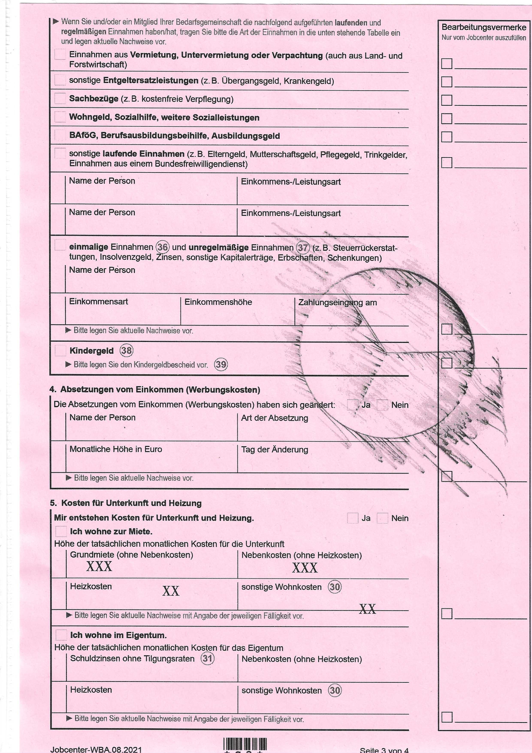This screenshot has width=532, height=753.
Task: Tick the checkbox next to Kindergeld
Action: (x=60, y=350)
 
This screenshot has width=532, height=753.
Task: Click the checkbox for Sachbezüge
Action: (x=60, y=98)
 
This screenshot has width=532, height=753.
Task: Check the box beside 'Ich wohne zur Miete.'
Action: (x=61, y=531)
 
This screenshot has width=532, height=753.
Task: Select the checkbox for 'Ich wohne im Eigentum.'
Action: (x=61, y=635)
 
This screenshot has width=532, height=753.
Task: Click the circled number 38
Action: (x=127, y=351)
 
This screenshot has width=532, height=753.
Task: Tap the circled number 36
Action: (x=163, y=247)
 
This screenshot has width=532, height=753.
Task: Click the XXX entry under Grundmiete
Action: (x=99, y=567)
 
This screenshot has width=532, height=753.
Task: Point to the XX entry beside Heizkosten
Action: (x=171, y=591)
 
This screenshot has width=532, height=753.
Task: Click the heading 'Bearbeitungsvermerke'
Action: (x=484, y=27)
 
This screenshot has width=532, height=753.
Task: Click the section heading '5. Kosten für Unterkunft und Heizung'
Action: (x=126, y=503)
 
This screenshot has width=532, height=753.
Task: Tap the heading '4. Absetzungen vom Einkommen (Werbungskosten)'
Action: (x=155, y=390)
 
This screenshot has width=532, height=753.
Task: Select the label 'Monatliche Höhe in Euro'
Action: (x=116, y=449)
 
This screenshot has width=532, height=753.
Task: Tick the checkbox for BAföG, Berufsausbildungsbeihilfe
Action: (x=60, y=135)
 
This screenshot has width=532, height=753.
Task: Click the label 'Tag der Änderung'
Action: (x=274, y=450)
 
